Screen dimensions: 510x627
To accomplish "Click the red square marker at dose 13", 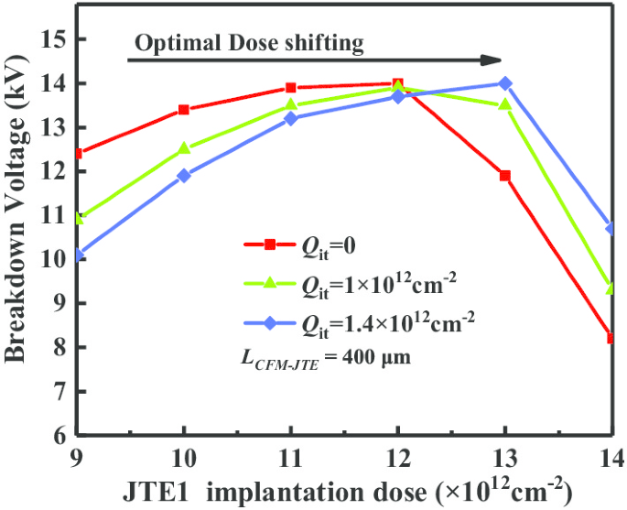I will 504,175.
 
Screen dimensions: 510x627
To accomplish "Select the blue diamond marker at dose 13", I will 504,83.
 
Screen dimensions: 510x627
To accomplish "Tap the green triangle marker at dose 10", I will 184,148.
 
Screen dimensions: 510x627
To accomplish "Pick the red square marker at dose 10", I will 184,110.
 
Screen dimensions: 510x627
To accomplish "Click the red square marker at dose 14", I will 610,338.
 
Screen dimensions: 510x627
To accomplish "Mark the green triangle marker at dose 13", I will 504,104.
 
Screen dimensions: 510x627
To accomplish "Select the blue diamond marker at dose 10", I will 184,175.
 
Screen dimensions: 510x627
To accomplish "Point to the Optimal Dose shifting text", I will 250,43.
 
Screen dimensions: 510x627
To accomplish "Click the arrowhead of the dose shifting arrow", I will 494,60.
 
